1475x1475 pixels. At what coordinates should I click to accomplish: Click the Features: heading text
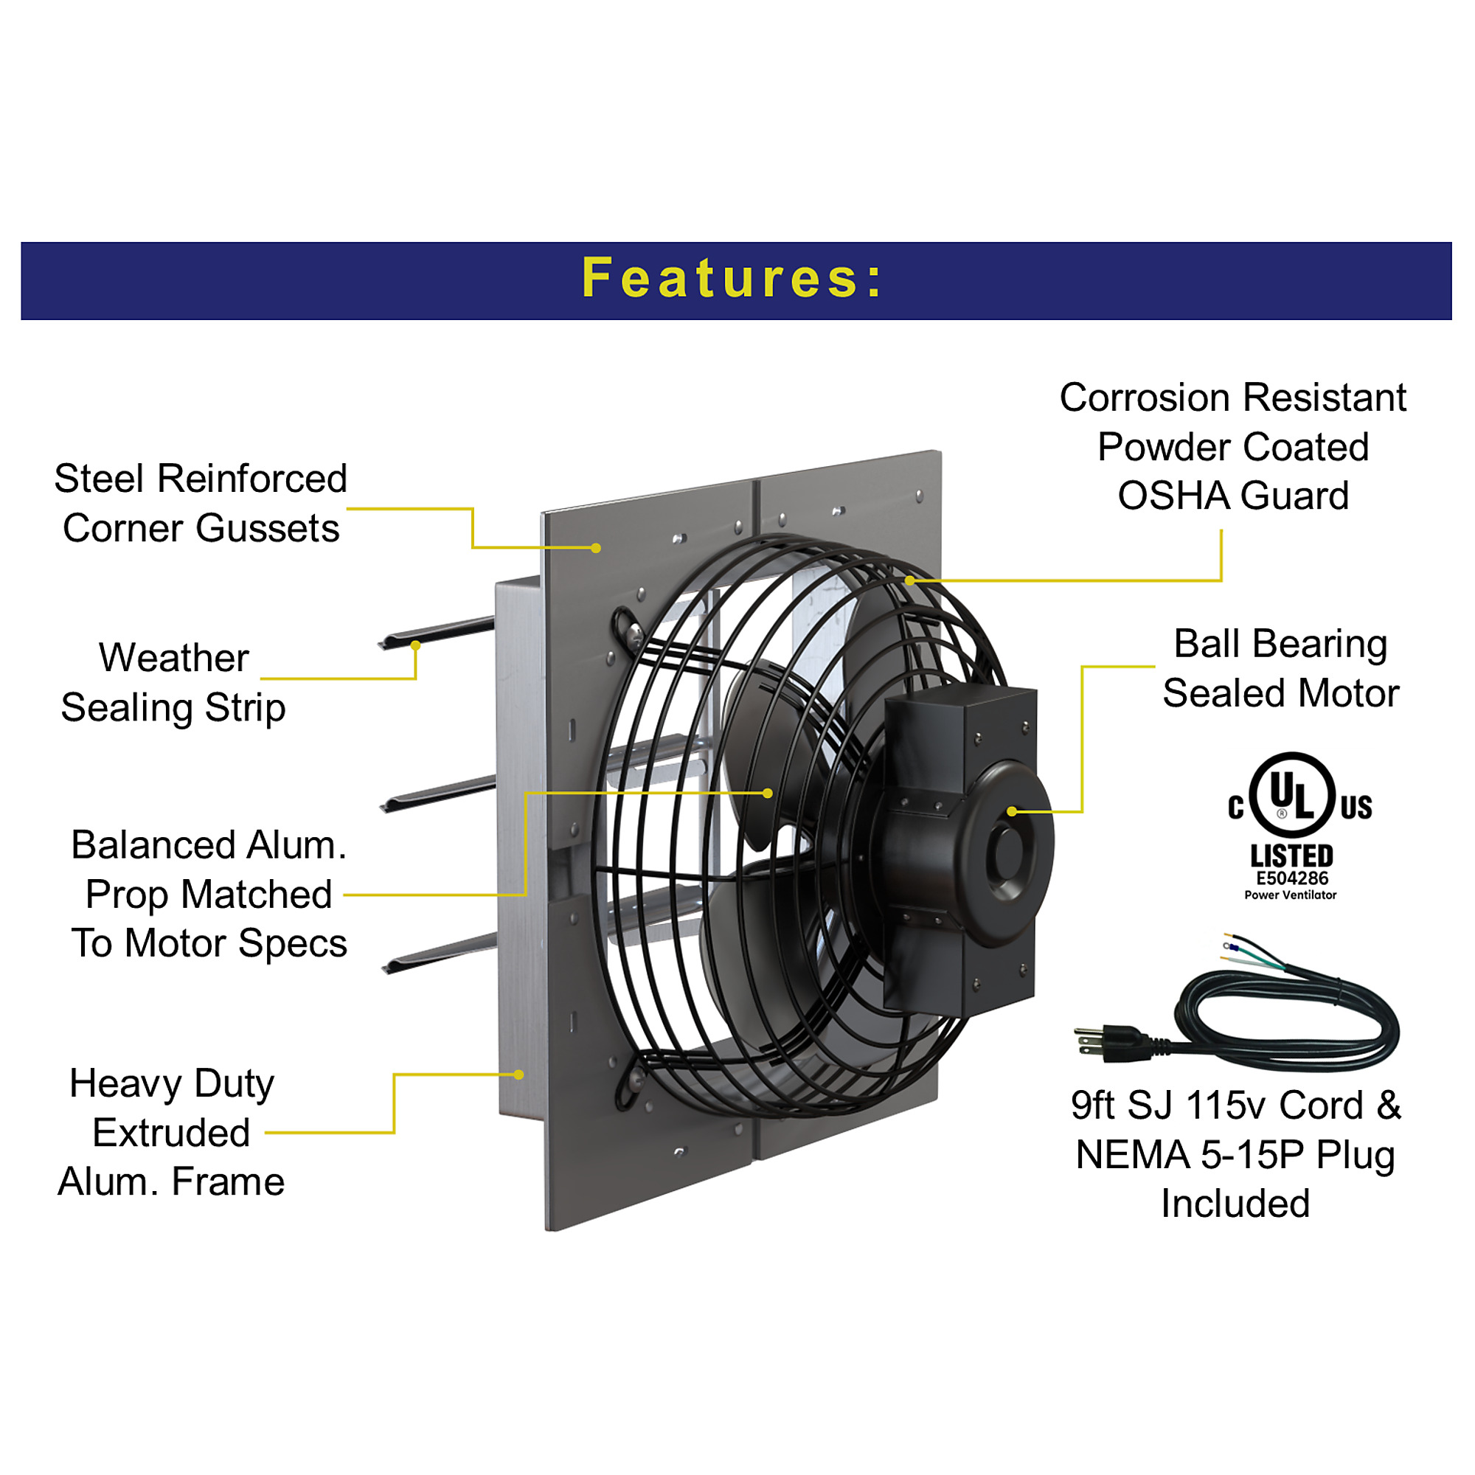pos(732,278)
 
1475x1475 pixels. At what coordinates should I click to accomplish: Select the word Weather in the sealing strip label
pos(174,657)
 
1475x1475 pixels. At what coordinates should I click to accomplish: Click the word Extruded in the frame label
pos(171,1132)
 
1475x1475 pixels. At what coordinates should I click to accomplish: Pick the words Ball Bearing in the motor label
pos(1280,644)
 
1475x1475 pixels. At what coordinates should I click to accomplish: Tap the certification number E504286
pos(1292,879)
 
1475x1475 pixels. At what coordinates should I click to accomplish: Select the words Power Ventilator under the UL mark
pos(1290,895)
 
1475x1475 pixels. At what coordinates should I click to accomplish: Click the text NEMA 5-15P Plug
pos(1235,1155)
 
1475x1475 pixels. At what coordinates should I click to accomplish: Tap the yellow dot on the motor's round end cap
pos(1013,811)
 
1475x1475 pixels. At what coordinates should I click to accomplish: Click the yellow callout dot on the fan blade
pos(768,794)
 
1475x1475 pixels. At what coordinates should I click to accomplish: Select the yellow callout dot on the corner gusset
pos(596,548)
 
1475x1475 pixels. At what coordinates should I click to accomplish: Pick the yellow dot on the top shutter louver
pos(415,646)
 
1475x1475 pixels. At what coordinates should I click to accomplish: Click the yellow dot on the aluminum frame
pos(519,1075)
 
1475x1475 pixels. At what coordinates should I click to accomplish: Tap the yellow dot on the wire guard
pos(910,580)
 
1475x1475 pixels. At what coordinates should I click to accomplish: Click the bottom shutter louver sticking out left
pos(439,953)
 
